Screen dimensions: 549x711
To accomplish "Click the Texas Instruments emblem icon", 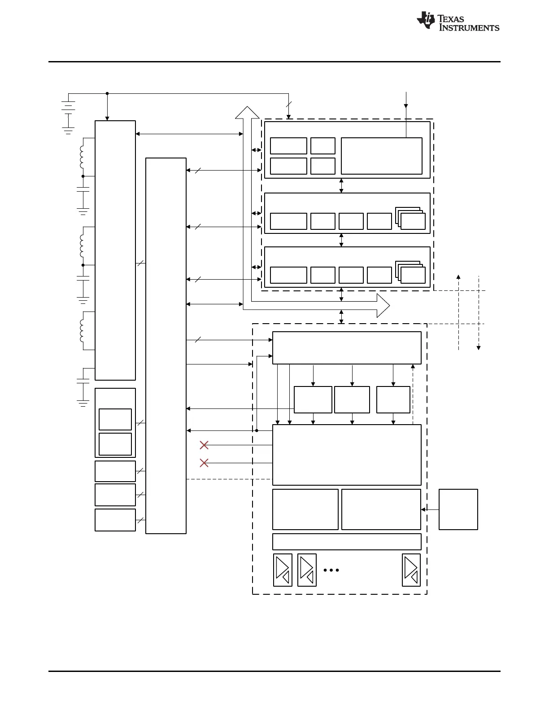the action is point(426,20).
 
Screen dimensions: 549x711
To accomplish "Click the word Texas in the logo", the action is point(451,19).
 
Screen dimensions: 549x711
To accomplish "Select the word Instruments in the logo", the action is point(469,27).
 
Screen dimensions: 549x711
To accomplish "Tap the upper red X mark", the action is point(204,445).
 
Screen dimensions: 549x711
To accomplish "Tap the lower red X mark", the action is point(204,463).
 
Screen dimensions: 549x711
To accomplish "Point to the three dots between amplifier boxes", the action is point(331,570).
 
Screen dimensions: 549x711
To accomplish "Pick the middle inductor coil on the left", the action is point(82,246).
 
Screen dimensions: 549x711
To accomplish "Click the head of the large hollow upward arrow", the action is point(247,113).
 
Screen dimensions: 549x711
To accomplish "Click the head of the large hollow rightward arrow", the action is point(383,306).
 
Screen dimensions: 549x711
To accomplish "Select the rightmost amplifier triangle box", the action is point(411,570).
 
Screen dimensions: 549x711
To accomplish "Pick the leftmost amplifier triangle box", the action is point(283,570).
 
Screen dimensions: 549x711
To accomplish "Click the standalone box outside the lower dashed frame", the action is point(458,509).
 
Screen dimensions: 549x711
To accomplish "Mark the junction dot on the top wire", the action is point(107,93).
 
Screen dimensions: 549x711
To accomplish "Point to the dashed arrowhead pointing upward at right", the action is point(458,277).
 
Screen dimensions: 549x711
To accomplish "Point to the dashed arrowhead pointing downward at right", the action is point(479,348).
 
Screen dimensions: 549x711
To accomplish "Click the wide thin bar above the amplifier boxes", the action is point(347,542).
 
